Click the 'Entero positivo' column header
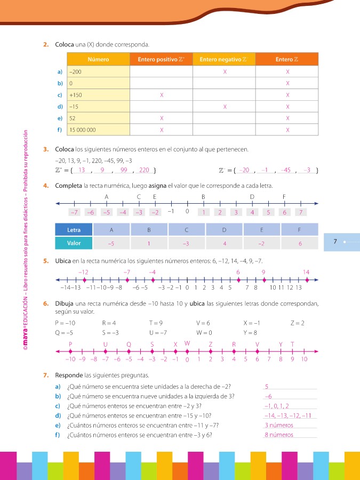(161, 59)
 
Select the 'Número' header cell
(98, 59)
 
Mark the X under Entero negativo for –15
(225, 107)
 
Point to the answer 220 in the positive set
(144, 170)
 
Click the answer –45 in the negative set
(285, 170)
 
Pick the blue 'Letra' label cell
(74, 230)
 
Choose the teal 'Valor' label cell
(74, 243)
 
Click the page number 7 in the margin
(335, 242)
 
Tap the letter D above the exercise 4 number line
(252, 197)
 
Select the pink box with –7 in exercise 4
(75, 212)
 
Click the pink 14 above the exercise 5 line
(306, 272)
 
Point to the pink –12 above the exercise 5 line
(83, 272)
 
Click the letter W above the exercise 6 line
(187, 343)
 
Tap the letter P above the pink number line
(70, 344)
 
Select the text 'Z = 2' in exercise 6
(298, 323)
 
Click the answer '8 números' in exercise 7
(279, 435)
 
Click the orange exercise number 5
(46, 261)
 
